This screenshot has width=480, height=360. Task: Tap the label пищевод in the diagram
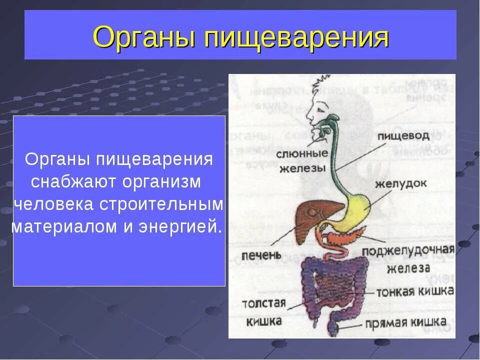click(x=410, y=135)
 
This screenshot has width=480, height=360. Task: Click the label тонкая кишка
click(x=415, y=291)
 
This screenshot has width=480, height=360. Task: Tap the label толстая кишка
click(x=263, y=311)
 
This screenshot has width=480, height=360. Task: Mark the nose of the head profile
click(x=307, y=118)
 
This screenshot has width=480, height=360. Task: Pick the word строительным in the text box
click(x=161, y=204)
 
